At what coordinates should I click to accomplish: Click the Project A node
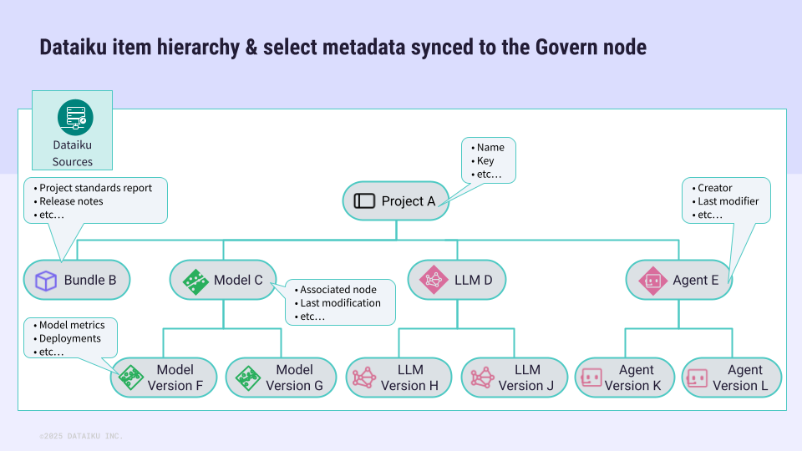[x=395, y=201]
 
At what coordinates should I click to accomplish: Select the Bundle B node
[x=77, y=281]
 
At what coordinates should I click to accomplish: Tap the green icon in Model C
[x=195, y=281]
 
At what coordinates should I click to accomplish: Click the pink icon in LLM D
[x=434, y=280]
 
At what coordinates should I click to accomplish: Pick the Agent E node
[x=678, y=281]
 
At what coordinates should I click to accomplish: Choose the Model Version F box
[x=164, y=378]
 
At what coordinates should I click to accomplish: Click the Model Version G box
[x=281, y=378]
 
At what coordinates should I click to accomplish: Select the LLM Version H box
[x=398, y=378]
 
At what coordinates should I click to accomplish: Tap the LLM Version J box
[x=515, y=378]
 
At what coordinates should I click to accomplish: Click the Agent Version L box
[x=732, y=378]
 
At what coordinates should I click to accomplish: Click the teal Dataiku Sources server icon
[x=75, y=117]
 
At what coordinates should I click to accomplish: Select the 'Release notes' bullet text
[x=71, y=201]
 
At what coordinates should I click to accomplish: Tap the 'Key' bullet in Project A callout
[x=485, y=160]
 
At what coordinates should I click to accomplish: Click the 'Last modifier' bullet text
[x=728, y=201]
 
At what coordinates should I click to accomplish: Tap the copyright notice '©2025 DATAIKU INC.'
[x=81, y=436]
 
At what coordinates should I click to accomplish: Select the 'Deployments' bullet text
[x=70, y=338]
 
